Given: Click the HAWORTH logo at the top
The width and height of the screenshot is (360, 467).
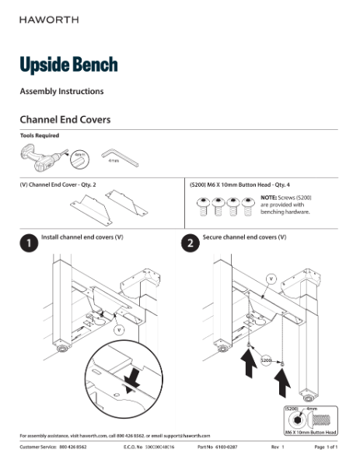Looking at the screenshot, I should pyautogui.click(x=48, y=19).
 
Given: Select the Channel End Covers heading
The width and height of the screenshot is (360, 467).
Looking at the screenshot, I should pyautogui.click(x=65, y=120).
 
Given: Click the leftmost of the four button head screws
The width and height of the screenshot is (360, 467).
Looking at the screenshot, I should pyautogui.click(x=202, y=206).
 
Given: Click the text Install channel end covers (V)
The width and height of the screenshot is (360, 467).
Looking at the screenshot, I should pyautogui.click(x=82, y=235).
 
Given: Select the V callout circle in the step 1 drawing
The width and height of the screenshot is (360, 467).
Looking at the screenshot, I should pyautogui.click(x=119, y=330).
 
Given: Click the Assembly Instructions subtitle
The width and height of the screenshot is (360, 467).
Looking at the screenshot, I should pyautogui.click(x=61, y=92).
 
